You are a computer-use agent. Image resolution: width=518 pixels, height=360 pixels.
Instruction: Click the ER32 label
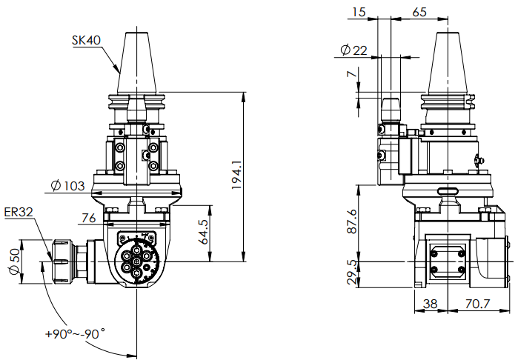point(18,213)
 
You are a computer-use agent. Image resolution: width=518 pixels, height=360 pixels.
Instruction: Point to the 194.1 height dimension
point(236,175)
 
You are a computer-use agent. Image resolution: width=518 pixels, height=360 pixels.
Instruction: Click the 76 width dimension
point(88,218)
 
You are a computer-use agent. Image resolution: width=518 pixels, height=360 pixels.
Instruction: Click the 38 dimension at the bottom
point(431,304)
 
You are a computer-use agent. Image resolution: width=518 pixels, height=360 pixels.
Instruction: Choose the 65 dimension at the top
point(419,12)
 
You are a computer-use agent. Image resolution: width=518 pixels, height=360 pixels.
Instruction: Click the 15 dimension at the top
point(359,12)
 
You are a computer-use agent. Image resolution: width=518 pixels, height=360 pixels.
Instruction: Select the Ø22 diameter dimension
point(353,50)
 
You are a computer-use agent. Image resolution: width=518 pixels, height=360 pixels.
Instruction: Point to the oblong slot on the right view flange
point(448,190)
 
